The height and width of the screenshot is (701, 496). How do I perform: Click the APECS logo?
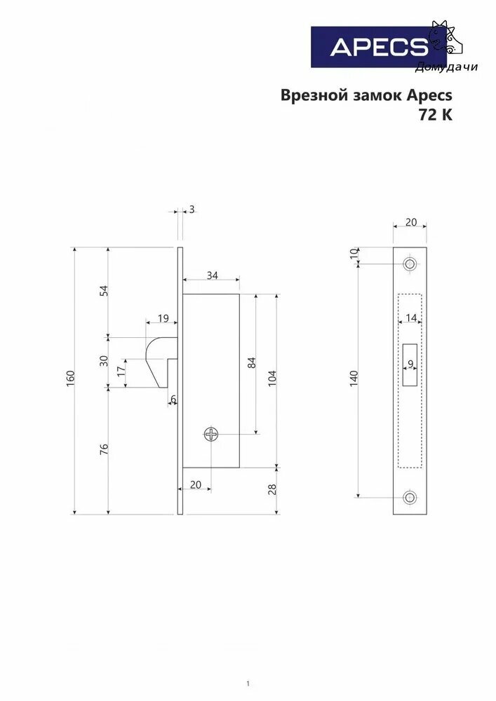pos(378,47)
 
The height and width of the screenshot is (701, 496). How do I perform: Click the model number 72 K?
pos(436,115)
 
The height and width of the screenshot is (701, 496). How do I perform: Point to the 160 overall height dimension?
pos(71,379)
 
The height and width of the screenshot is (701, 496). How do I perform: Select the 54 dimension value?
pos(104,291)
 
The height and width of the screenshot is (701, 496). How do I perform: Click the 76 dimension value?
pos(104,449)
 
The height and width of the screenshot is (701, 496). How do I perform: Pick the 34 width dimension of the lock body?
pos(213,275)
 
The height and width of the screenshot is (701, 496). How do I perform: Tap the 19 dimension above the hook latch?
pos(163,318)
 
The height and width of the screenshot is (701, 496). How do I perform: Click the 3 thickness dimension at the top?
pos(192,209)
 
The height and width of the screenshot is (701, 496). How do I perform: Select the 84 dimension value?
pos(251,362)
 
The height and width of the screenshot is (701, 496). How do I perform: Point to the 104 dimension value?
pos(272,379)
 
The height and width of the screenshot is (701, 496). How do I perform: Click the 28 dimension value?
pos(272,489)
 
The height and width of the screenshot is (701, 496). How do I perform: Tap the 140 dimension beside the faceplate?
pos(354,379)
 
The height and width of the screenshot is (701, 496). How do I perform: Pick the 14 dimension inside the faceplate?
pos(411,318)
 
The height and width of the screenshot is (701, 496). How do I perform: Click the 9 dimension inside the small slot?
pos(410,364)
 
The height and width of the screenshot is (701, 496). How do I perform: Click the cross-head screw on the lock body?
pos(211,434)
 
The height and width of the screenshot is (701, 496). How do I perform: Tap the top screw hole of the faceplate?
pos(409,264)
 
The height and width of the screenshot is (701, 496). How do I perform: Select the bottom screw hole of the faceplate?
pos(409,497)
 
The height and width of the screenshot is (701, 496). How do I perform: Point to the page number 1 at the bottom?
pos(248,683)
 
